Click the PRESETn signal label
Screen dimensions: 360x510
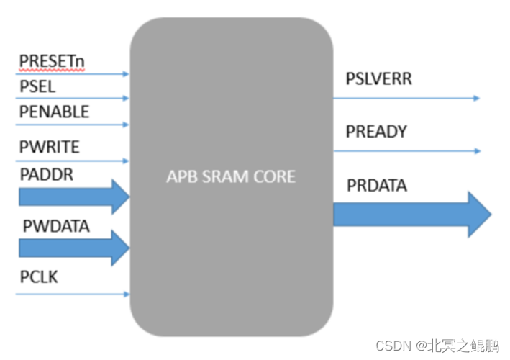[51, 61]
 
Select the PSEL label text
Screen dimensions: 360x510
[37, 86]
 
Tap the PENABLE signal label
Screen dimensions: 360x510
[54, 112]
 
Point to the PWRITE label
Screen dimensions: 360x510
[49, 148]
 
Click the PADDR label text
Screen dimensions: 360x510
[46, 175]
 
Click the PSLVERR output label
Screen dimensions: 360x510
[379, 78]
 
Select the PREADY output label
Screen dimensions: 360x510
[376, 132]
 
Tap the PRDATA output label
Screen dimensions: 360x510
[376, 186]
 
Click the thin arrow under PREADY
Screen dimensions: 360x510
[406, 151]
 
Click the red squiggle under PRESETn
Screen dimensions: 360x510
[51, 71]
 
